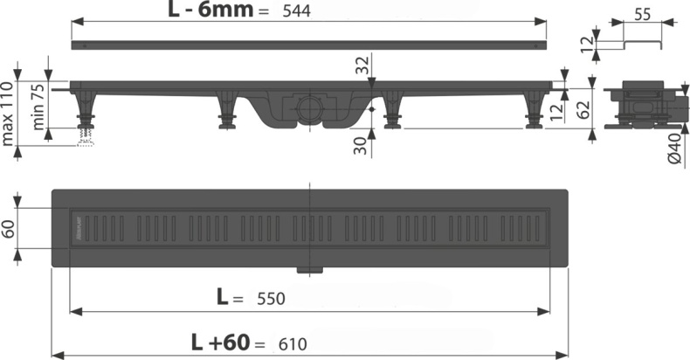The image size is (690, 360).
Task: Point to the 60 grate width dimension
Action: click(x=10, y=229)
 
